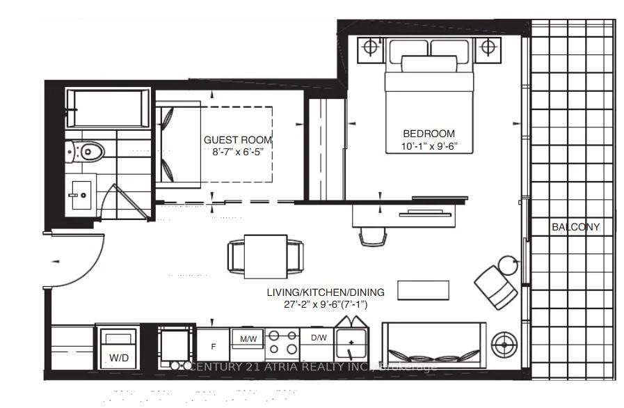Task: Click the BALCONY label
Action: (575, 227)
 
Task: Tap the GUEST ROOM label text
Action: (238, 140)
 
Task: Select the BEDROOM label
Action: (429, 134)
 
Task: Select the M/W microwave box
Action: (248, 338)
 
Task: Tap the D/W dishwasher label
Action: (317, 338)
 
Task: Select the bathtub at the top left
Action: (107, 108)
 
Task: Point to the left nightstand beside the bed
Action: (371, 49)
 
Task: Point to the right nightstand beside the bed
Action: (488, 49)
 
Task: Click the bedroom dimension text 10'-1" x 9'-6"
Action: (429, 147)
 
